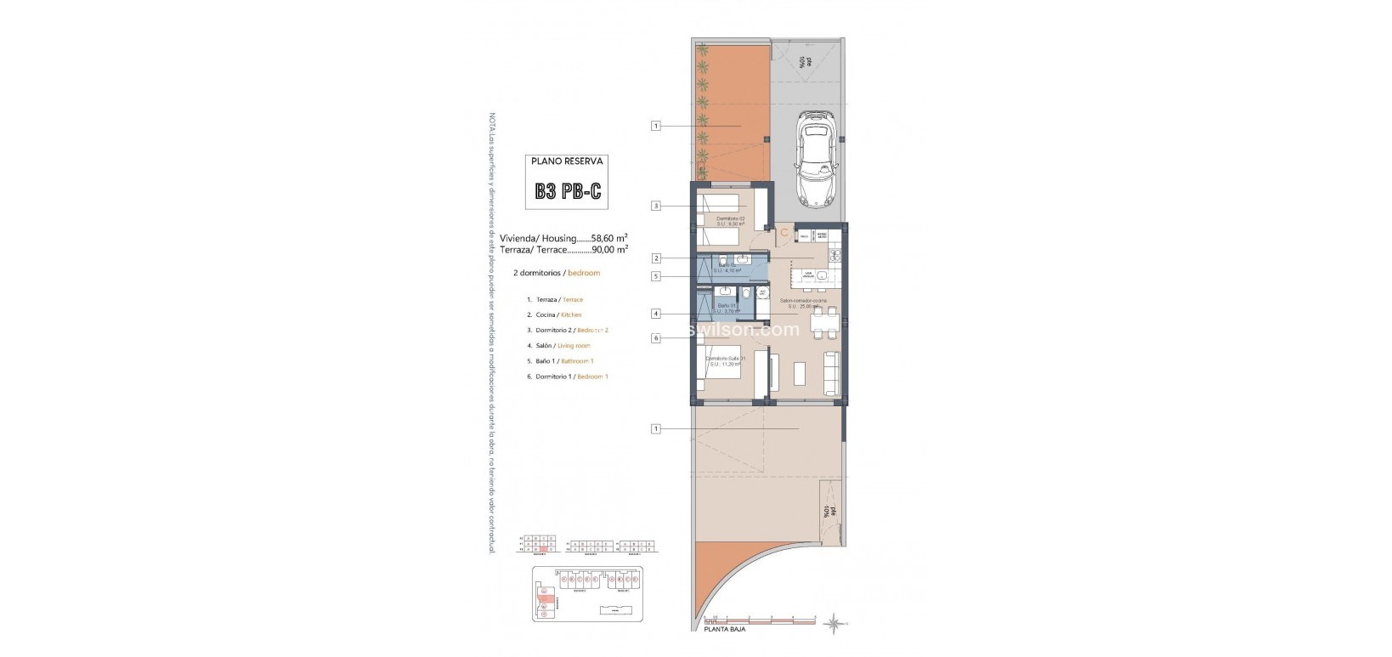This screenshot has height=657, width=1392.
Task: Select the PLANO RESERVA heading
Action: (568, 160)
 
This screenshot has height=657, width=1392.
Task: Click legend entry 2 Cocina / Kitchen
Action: (558, 315)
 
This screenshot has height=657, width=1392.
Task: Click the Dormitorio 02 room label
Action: (730, 219)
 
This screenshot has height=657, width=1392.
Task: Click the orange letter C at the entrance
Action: (784, 230)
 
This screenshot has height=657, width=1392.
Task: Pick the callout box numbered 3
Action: (656, 205)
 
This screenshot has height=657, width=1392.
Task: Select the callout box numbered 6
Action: (656, 338)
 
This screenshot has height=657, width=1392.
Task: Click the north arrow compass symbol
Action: (836, 623)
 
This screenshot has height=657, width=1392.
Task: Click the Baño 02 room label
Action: (727, 266)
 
